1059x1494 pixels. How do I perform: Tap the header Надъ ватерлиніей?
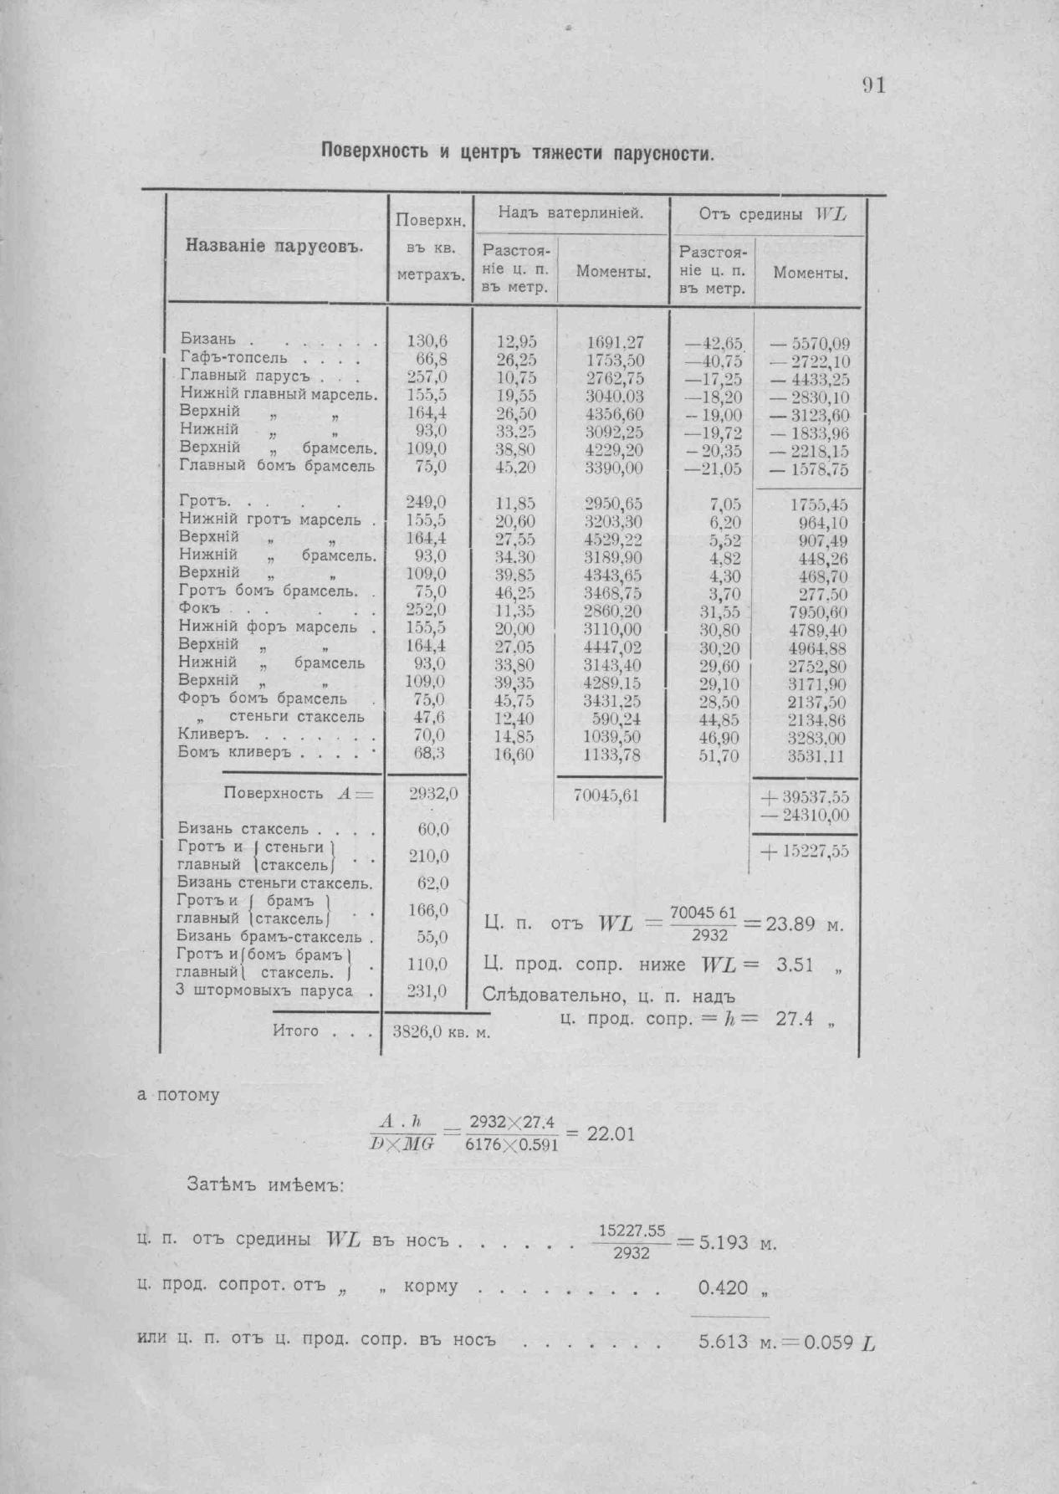570,214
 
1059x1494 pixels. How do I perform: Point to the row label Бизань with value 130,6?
206,340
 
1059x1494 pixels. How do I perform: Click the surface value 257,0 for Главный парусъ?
427,376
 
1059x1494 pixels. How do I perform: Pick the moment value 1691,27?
614,341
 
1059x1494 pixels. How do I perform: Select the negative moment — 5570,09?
809,343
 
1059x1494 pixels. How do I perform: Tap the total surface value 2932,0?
432,794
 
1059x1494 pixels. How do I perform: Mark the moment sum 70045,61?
606,796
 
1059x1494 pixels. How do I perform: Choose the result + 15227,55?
804,851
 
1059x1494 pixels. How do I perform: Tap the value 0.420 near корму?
724,1287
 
